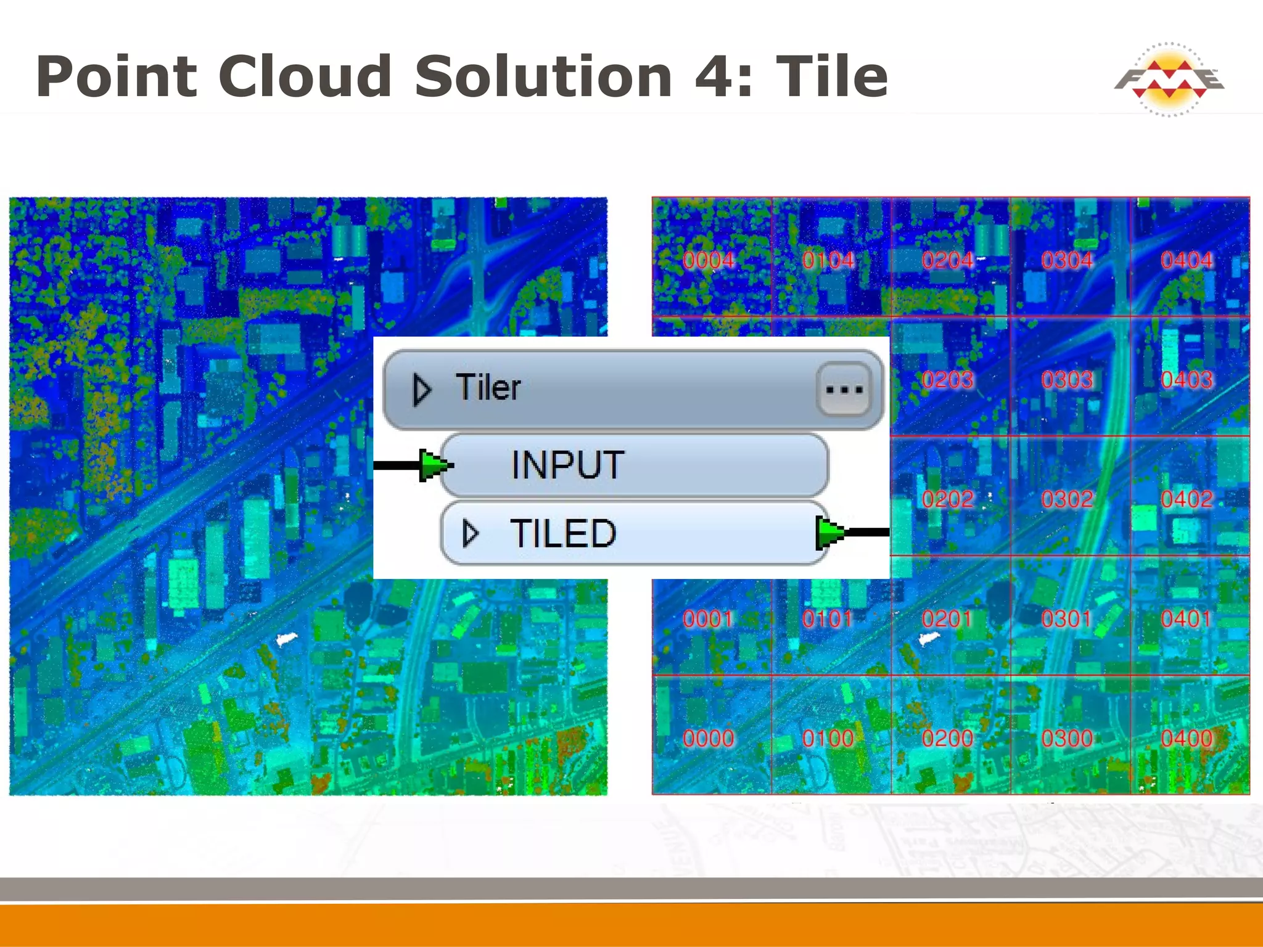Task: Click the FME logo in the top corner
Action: click(1169, 80)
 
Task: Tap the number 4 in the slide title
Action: click(715, 76)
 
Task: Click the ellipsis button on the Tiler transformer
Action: click(844, 390)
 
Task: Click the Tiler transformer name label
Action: click(488, 388)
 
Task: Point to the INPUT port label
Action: click(567, 465)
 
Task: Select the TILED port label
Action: click(562, 533)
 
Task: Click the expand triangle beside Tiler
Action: click(421, 390)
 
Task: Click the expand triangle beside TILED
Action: click(470, 533)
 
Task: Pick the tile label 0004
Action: click(709, 260)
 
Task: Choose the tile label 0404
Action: click(1187, 260)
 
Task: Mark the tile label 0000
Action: click(709, 738)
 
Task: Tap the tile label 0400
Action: click(1187, 738)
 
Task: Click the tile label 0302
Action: click(1067, 499)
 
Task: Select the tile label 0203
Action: click(947, 380)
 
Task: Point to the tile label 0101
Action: click(828, 618)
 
